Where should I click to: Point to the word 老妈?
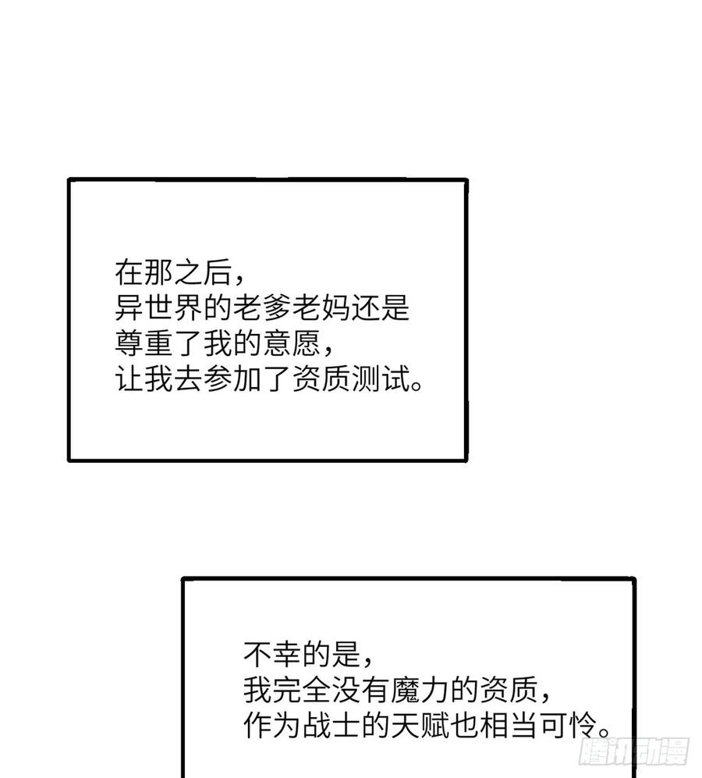pos(321,307)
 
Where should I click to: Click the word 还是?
pos(380,307)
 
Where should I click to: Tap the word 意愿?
pos(292,343)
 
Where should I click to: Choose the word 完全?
pos(302,690)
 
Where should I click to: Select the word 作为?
pos(272,726)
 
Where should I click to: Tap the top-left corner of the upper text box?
pos(69,179)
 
